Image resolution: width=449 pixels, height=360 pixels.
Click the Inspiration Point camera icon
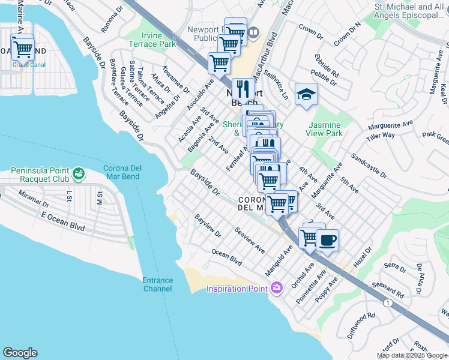[x=276, y=289]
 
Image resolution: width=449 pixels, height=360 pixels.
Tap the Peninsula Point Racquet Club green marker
[x=78, y=174]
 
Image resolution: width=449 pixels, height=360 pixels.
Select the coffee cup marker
[x=327, y=241]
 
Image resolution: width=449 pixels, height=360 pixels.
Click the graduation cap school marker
[x=306, y=95]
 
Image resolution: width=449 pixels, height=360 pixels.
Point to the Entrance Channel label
[x=158, y=284]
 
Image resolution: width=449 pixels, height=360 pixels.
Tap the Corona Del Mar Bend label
[x=130, y=172]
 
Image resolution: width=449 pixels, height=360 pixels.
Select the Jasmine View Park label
[x=325, y=129]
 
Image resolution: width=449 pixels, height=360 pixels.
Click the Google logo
[x=20, y=353]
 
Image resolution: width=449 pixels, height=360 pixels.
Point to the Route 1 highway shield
[x=389, y=304]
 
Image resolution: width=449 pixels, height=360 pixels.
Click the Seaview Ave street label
[x=250, y=239]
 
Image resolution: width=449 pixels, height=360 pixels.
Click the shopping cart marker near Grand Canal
[x=22, y=47]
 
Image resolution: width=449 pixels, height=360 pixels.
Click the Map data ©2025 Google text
[x=412, y=355]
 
